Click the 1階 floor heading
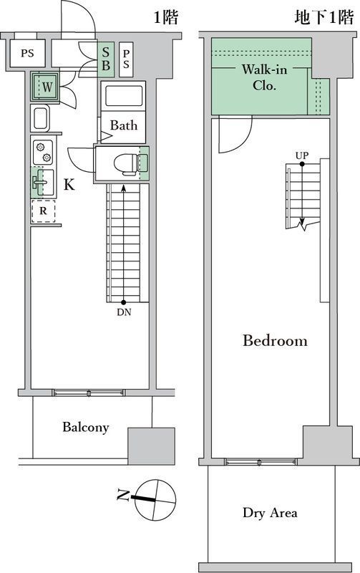(x=165, y=17)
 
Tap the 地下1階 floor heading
(x=323, y=17)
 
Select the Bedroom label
(x=275, y=341)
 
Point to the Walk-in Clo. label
(x=264, y=77)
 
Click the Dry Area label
(x=270, y=513)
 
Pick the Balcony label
(x=85, y=427)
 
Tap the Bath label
(x=124, y=125)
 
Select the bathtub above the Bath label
(x=123, y=96)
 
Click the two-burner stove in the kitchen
(x=42, y=152)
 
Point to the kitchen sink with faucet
(x=43, y=183)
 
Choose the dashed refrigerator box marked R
(x=43, y=211)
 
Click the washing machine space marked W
(x=46, y=87)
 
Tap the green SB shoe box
(x=105, y=59)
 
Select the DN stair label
(x=124, y=312)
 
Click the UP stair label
(x=302, y=155)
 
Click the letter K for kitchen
(x=69, y=185)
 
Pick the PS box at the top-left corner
(x=27, y=53)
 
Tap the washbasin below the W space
(x=39, y=118)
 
